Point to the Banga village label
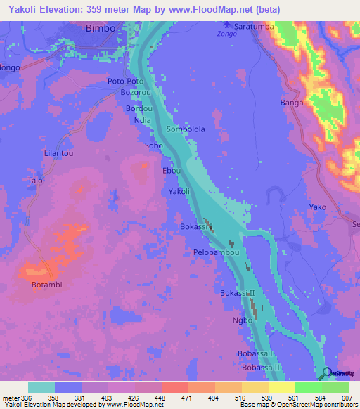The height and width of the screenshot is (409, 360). (292, 103)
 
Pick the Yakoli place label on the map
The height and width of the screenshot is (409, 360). (179, 192)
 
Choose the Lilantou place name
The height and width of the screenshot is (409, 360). (59, 152)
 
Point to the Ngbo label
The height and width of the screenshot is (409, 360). (242, 320)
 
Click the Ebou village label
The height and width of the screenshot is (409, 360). (172, 171)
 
